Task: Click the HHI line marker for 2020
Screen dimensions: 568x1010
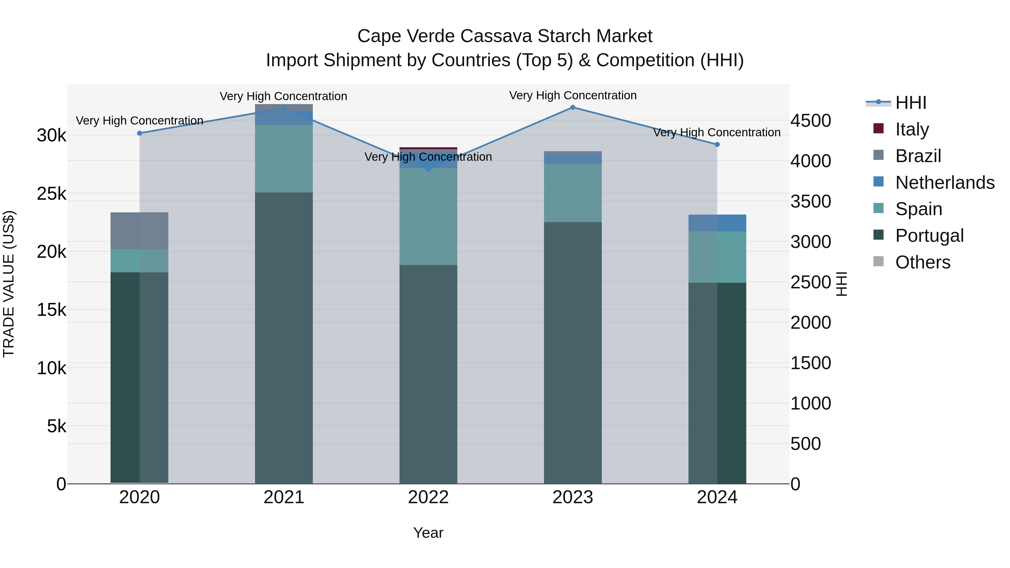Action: pos(140,133)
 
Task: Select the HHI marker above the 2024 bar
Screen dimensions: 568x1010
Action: pos(717,145)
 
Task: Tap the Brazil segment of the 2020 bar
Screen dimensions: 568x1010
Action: pos(140,231)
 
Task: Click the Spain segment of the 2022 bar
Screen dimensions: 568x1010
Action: pos(428,217)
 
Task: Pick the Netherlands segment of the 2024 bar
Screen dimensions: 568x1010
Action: pos(717,223)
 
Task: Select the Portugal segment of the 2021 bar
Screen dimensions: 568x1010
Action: pos(284,337)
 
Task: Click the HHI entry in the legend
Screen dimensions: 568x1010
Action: pos(910,103)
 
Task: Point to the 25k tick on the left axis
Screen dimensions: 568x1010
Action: pos(51,194)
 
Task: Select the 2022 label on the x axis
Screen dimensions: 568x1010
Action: pos(428,497)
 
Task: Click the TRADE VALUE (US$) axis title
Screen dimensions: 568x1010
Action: pos(9,284)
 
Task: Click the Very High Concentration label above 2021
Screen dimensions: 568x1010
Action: pos(283,96)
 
